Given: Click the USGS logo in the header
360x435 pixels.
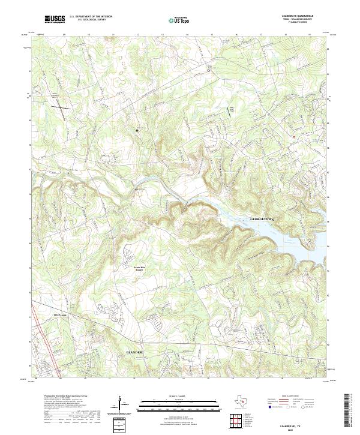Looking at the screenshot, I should coord(55,19).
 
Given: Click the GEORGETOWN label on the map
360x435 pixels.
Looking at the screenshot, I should coord(265,220).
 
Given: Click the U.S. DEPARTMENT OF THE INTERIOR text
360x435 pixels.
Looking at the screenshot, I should coord(91,17).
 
